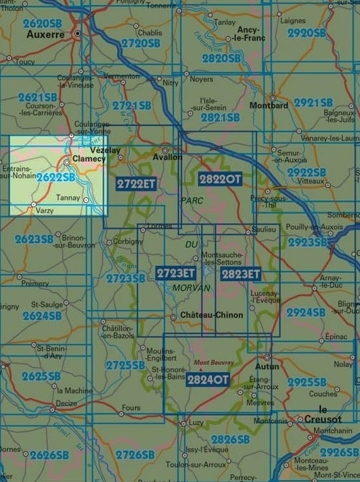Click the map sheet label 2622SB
(55, 178)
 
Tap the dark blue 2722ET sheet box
(136, 183)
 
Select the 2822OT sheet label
(220, 179)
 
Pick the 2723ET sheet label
(176, 273)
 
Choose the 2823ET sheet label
(241, 274)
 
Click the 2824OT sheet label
(208, 379)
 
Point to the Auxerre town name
(45, 35)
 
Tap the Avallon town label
(167, 158)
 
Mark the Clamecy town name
(89, 159)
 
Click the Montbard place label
(269, 105)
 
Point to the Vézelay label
(105, 151)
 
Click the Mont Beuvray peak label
(214, 363)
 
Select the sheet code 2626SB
(49, 454)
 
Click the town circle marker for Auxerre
(78, 33)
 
